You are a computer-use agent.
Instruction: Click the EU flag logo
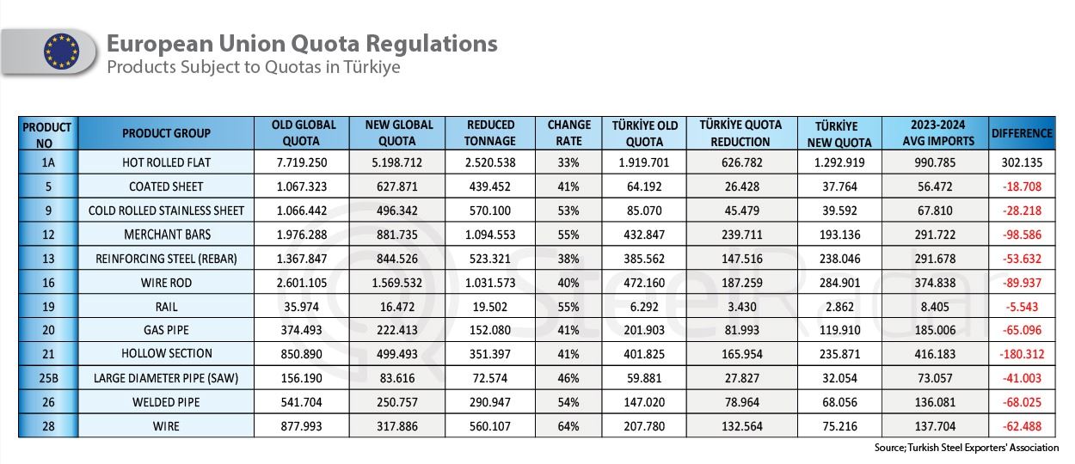point(61,52)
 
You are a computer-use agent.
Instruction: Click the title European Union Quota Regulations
point(301,43)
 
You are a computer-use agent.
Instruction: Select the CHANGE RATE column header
point(569,133)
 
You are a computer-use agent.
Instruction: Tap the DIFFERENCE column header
point(1022,133)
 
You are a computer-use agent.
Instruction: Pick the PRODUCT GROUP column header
point(166,133)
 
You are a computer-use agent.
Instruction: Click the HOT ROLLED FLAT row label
point(166,162)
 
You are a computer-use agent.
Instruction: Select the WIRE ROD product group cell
point(166,281)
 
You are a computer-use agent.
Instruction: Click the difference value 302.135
point(1022,162)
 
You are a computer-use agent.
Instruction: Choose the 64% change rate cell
point(569,425)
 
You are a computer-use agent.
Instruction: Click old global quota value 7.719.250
point(302,162)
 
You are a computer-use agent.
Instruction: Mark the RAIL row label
point(166,305)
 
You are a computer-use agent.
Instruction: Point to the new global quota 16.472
point(399,305)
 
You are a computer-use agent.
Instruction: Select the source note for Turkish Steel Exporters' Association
point(966,448)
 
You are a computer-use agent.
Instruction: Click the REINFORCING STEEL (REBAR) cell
point(166,258)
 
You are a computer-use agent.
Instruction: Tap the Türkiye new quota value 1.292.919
point(839,162)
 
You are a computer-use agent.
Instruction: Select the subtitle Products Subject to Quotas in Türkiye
point(253,67)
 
